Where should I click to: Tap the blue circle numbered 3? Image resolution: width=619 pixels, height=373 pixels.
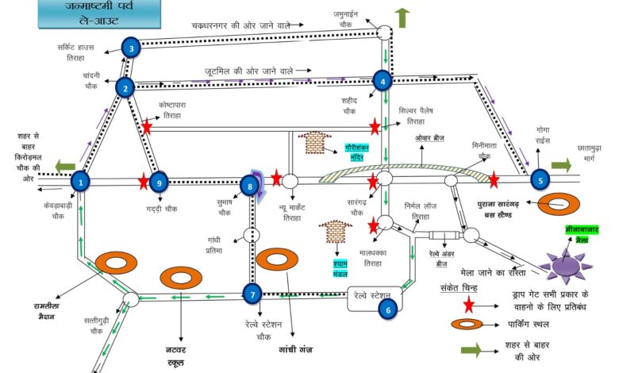(131, 48)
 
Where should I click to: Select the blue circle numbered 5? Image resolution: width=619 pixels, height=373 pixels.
(540, 180)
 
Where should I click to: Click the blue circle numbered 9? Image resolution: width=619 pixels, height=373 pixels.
(158, 183)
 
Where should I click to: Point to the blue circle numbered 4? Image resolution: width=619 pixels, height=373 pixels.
(383, 80)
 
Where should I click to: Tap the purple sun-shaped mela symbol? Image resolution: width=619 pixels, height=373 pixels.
(565, 262)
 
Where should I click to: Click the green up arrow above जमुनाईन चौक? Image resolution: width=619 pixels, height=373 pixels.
(402, 17)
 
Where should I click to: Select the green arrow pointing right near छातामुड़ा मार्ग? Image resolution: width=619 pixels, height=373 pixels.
(560, 165)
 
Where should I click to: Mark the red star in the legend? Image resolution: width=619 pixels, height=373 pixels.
(469, 304)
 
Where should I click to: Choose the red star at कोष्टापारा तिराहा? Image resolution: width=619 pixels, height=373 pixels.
(147, 127)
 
